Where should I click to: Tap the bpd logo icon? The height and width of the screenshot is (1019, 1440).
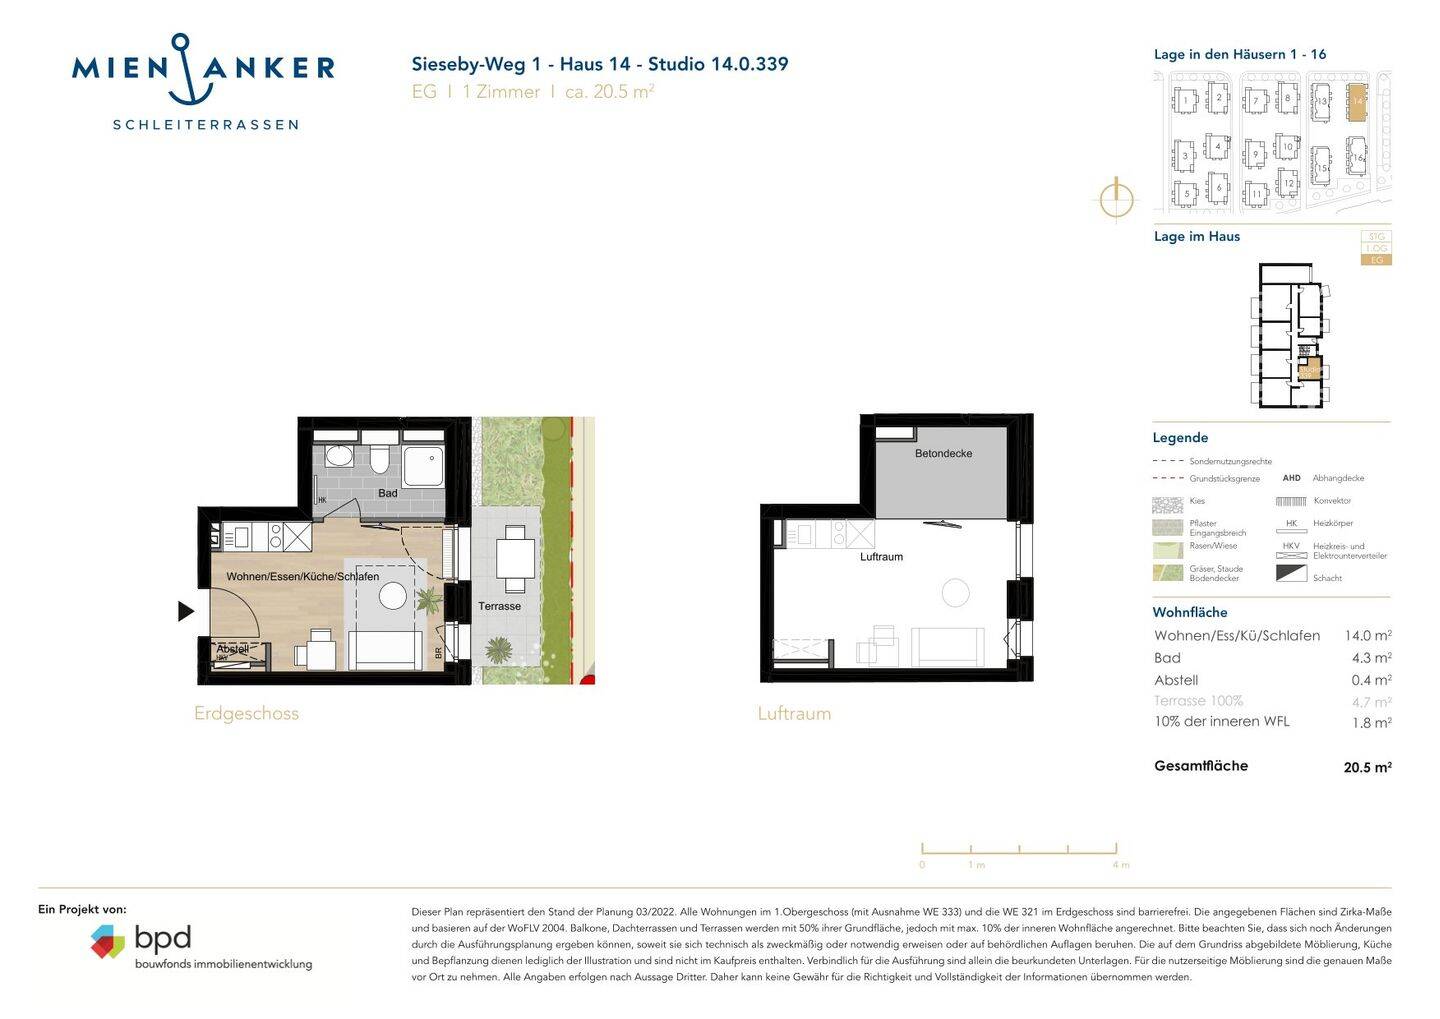tap(107, 941)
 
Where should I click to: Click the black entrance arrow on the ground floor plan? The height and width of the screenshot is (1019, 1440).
tap(185, 610)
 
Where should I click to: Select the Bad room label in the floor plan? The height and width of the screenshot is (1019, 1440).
tap(388, 493)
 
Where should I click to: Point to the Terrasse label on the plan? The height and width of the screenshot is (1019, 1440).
tap(499, 606)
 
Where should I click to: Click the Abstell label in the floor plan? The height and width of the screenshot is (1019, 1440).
tap(232, 649)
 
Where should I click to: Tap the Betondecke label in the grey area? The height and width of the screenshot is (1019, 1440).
tap(943, 453)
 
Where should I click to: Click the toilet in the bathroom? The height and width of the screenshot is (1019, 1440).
tap(379, 458)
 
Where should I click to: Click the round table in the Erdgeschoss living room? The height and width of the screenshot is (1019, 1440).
tap(393, 596)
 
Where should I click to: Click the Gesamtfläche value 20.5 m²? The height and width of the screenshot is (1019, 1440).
tap(1367, 768)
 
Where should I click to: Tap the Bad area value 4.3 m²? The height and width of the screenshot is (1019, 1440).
tap(1371, 658)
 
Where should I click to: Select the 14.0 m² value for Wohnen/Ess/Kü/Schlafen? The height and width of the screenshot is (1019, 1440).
tap(1367, 635)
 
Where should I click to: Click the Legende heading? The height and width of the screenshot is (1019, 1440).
tap(1180, 438)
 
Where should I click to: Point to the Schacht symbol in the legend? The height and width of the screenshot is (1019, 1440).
tap(1291, 574)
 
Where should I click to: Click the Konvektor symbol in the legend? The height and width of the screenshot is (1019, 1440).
tap(1291, 501)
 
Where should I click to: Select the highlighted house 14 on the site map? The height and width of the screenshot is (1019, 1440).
tap(1357, 102)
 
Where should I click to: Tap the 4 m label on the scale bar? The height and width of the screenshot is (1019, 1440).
tap(1120, 865)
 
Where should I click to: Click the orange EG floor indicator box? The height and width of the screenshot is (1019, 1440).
tap(1377, 260)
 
